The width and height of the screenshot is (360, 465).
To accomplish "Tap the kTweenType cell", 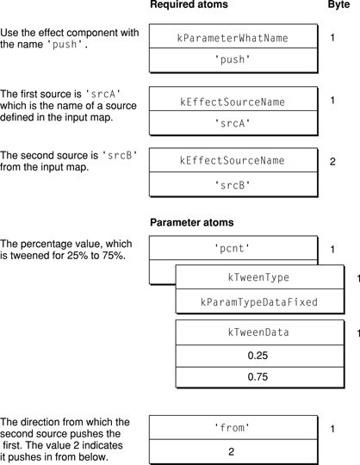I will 258,278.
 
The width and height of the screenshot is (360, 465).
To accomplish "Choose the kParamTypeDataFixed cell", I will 258,303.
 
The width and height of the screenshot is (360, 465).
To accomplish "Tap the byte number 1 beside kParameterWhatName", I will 333,39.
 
